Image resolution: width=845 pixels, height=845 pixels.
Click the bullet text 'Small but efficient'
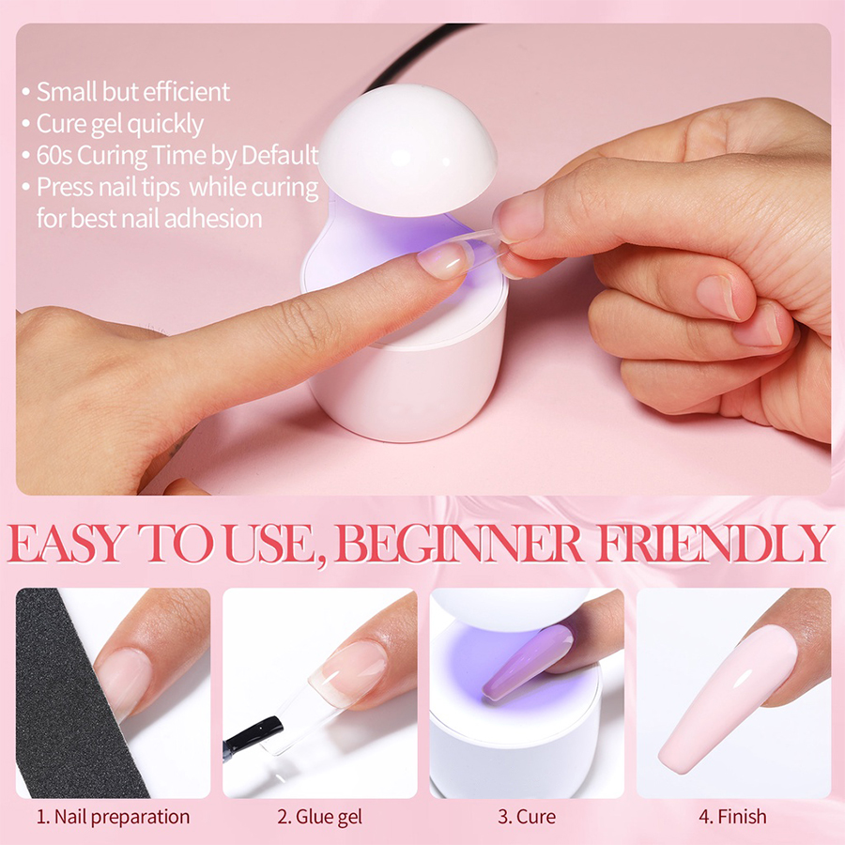point(133,92)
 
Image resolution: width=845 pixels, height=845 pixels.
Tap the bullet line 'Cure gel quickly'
point(119,125)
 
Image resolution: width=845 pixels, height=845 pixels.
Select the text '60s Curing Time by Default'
point(177,155)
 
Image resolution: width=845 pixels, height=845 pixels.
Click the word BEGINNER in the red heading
point(460,544)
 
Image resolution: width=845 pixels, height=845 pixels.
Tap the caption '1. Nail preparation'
point(113,817)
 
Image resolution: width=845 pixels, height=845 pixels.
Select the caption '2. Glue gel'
point(319,817)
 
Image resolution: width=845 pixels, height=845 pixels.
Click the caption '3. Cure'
point(527,817)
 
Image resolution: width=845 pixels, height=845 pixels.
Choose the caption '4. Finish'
point(733,817)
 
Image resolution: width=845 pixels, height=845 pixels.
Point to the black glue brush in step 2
point(253,734)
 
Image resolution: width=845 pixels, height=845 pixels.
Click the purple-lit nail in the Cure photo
point(527,662)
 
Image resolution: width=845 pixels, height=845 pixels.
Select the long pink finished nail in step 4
point(728,699)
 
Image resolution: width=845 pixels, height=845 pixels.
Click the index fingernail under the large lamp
point(443,260)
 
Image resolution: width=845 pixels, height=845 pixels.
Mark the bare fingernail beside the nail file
point(123,683)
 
